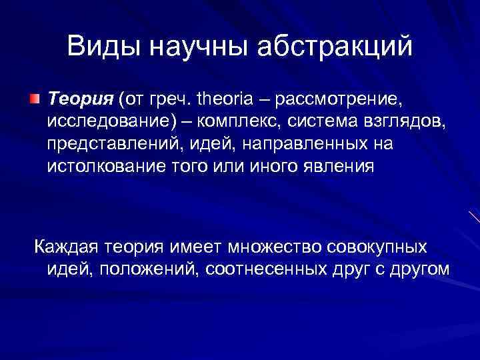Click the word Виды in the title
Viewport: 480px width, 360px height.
point(103,46)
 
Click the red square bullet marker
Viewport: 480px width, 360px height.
point(34,100)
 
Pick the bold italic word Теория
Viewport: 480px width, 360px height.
point(80,99)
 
